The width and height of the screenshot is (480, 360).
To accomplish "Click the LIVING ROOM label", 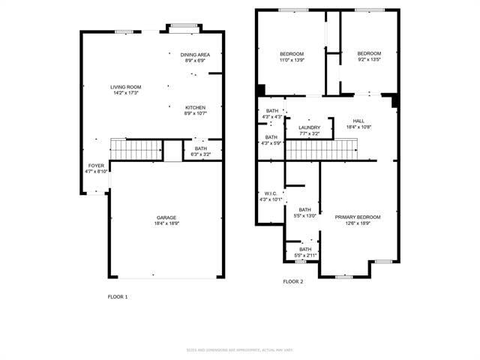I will pyautogui.click(x=126, y=87).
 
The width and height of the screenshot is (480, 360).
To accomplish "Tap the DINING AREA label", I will pyautogui.click(x=195, y=55).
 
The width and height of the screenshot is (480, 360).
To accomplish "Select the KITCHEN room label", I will pyautogui.click(x=195, y=108).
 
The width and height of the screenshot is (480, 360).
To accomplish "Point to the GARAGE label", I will pyautogui.click(x=166, y=217).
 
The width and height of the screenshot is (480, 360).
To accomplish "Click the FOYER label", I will pyautogui.click(x=96, y=165).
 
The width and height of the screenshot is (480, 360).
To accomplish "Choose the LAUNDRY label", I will pyautogui.click(x=309, y=127).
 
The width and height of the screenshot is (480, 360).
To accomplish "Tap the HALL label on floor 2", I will pyautogui.click(x=358, y=121).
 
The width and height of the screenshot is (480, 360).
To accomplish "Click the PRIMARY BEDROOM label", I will pyautogui.click(x=358, y=217).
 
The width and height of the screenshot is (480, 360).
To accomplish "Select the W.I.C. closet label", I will pyautogui.click(x=271, y=193).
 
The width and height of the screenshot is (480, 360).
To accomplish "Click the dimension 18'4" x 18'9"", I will pyautogui.click(x=166, y=223).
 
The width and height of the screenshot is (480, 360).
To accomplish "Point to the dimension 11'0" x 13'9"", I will pyautogui.click(x=292, y=59).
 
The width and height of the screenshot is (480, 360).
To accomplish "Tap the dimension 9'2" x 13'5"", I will pyautogui.click(x=368, y=59).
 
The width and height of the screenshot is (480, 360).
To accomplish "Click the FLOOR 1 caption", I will pyautogui.click(x=118, y=297).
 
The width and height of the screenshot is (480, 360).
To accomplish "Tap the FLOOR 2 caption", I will pyautogui.click(x=292, y=281).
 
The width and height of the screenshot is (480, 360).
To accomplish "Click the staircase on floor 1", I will pyautogui.click(x=136, y=150).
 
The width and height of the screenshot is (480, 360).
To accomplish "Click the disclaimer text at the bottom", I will pyautogui.click(x=239, y=349).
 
